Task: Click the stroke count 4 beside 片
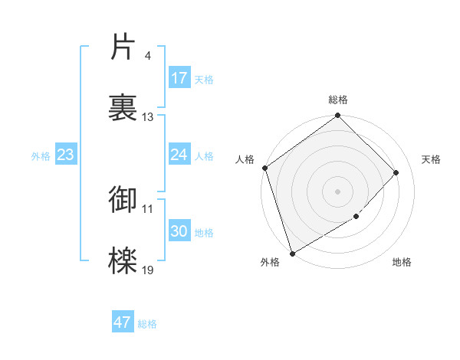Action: click(147, 56)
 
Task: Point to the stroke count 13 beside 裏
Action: click(148, 117)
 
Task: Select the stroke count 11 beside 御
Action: click(148, 208)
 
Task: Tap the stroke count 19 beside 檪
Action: click(148, 270)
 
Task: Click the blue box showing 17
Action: click(179, 78)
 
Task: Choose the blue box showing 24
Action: click(179, 155)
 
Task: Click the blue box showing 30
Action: click(179, 231)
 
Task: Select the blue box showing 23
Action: click(65, 155)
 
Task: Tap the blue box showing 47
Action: click(123, 322)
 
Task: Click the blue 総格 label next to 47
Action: click(148, 324)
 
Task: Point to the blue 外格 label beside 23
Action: click(41, 156)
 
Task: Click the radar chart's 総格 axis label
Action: click(338, 100)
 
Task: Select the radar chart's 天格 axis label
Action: click(432, 159)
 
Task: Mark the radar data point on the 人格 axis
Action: click(264, 169)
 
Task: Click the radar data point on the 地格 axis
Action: click(356, 217)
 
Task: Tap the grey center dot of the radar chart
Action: click(337, 191)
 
